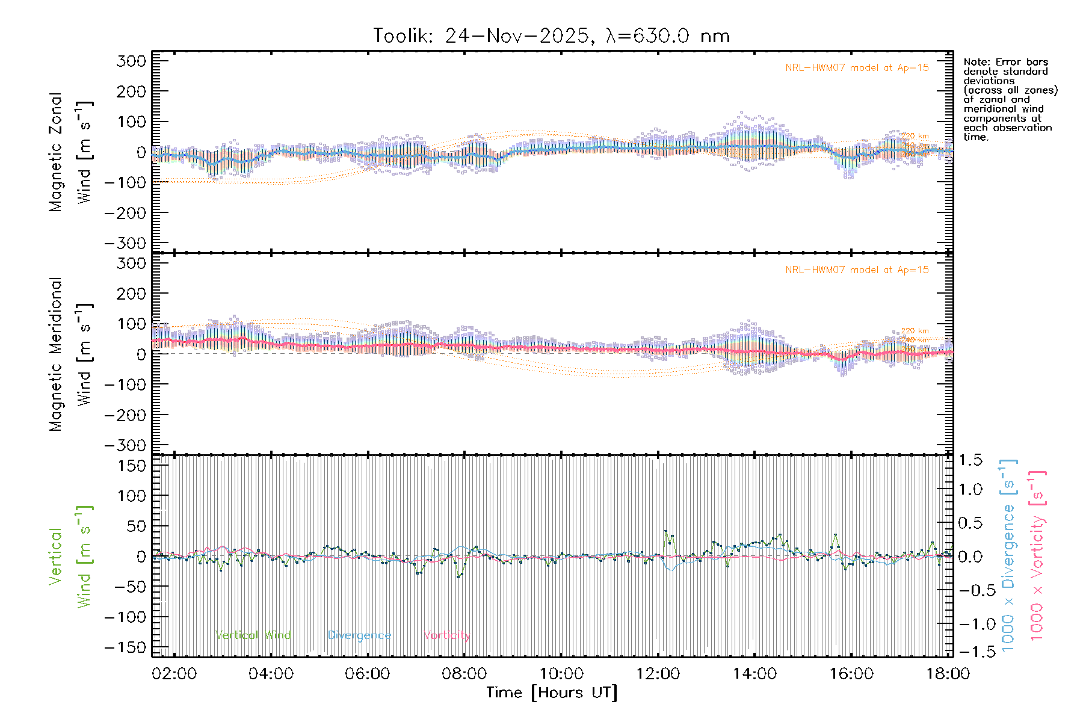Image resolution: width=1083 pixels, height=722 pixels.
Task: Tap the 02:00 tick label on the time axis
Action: [174, 674]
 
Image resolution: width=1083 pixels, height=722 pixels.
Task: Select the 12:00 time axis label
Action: [658, 674]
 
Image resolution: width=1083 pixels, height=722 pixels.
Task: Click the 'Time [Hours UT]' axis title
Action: [552, 693]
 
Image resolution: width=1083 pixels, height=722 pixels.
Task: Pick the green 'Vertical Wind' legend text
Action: [253, 635]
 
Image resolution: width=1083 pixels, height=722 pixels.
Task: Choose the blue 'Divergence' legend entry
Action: [359, 635]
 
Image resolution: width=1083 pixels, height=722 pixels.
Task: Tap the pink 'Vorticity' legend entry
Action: [446, 635]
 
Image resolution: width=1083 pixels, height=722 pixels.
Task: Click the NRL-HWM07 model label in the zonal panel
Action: [857, 68]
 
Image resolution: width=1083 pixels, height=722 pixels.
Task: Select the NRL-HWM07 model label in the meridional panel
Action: [857, 270]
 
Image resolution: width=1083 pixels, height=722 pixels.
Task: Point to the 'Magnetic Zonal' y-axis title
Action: [56, 152]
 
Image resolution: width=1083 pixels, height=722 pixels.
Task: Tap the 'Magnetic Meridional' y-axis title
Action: [56, 354]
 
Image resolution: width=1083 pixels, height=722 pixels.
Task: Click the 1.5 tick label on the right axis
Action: [970, 461]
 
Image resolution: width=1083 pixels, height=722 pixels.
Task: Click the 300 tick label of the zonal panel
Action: [132, 61]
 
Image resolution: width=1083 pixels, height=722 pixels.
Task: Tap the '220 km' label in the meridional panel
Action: [915, 331]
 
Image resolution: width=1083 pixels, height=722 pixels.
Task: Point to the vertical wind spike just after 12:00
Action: [665, 531]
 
